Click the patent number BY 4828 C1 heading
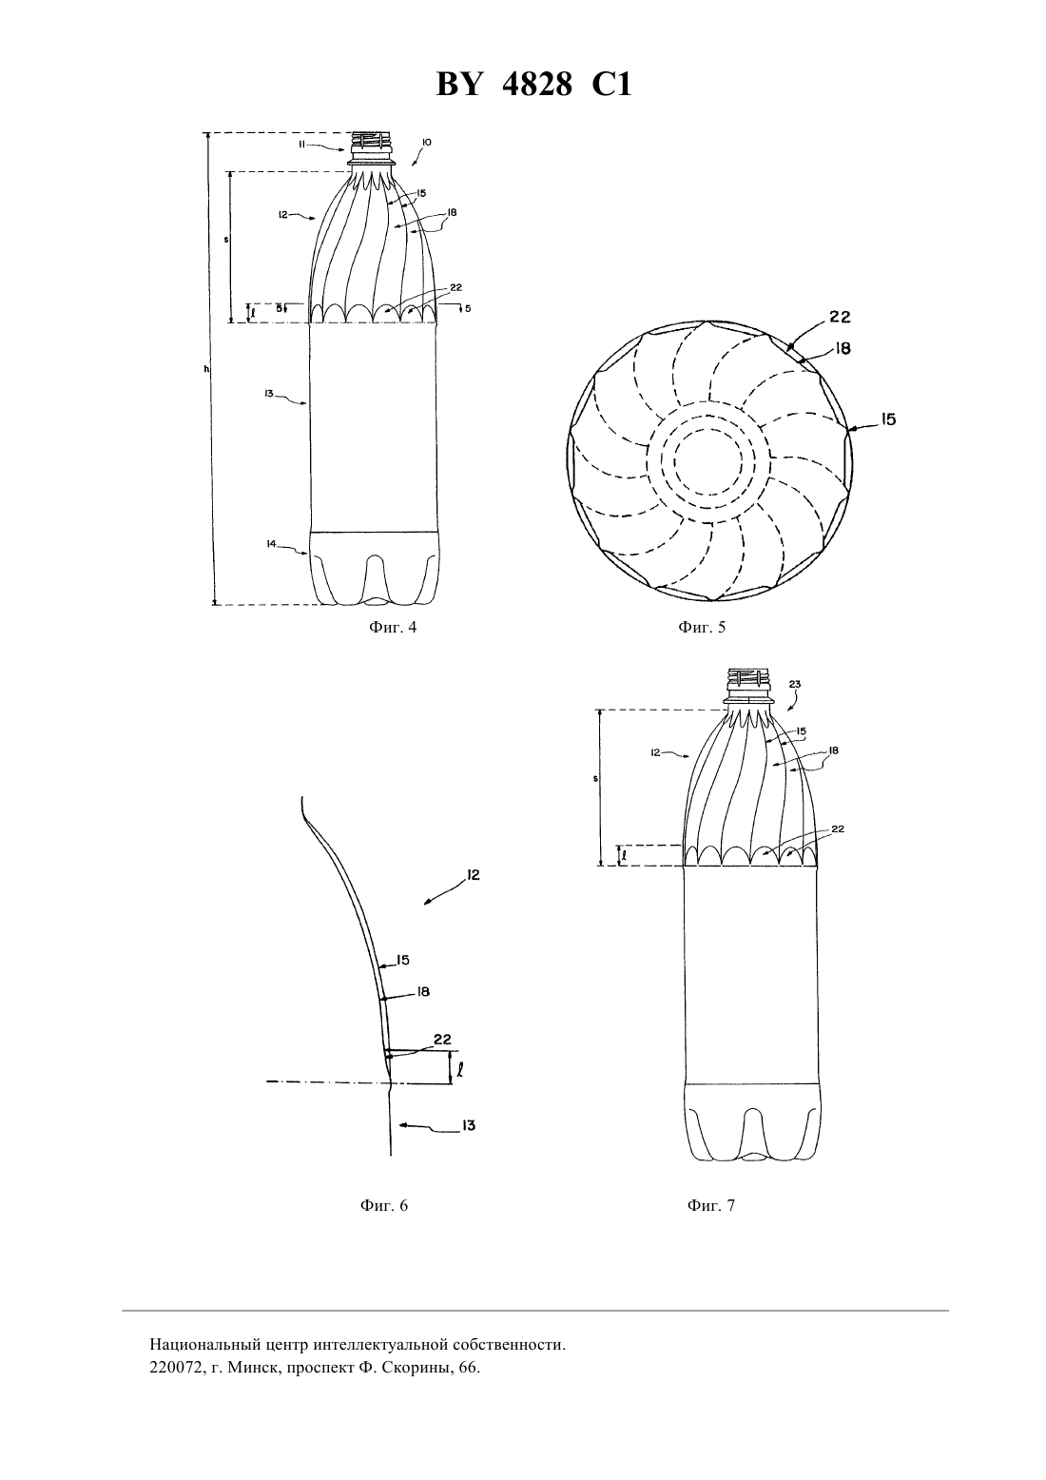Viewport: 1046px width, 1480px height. coord(533,85)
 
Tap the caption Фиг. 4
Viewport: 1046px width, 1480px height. coord(392,627)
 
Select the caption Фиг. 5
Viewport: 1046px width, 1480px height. coord(702,627)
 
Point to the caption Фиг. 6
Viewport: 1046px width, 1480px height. coord(383,1205)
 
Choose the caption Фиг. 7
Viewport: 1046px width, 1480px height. coord(710,1205)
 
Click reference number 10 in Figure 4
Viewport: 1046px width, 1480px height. coord(427,142)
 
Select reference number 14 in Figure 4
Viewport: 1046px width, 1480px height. coord(271,544)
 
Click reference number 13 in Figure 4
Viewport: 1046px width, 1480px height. coord(269,394)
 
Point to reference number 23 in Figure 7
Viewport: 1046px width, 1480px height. coord(795,685)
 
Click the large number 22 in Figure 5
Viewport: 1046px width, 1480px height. coord(840,317)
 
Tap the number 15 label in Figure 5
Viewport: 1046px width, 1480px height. coord(889,419)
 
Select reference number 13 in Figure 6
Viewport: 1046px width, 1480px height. coord(468,1126)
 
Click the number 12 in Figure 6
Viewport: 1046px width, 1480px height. coord(473,875)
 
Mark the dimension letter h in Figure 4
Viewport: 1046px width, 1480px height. coord(206,369)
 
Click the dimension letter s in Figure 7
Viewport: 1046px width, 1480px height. coord(595,779)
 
